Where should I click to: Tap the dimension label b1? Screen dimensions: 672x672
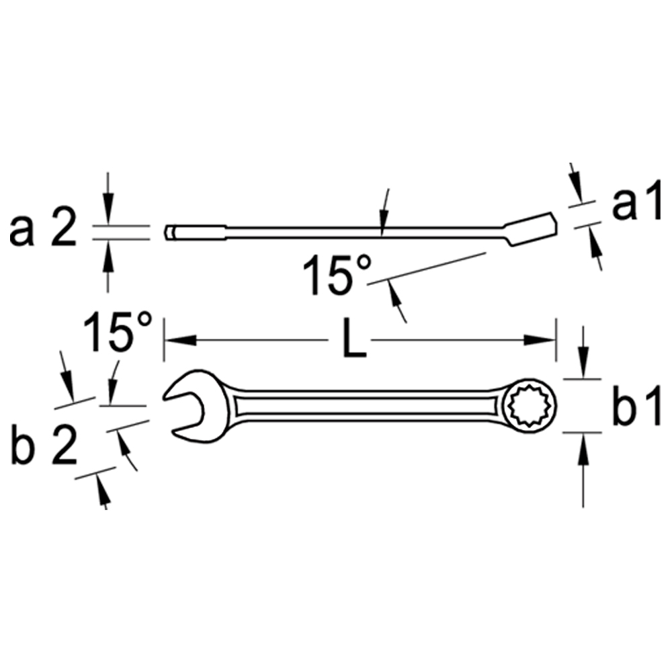click(637, 405)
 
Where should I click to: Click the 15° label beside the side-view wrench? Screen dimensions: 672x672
click(337, 274)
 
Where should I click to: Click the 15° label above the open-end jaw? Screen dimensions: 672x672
click(118, 331)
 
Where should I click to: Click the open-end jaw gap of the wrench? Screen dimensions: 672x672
click(185, 413)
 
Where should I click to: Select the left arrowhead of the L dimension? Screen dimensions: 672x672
click(180, 340)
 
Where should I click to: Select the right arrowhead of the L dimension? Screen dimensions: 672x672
click(540, 340)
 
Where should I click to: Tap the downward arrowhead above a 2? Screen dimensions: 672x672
click(108, 209)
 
